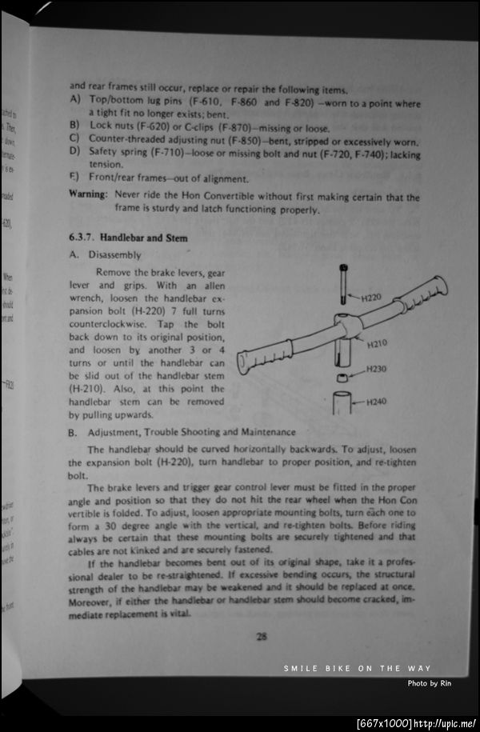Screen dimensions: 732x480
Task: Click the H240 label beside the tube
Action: tap(377, 402)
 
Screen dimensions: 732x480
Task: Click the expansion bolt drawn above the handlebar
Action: tap(342, 284)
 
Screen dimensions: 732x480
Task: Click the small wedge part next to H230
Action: tap(342, 376)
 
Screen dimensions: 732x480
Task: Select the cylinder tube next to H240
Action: tap(342, 403)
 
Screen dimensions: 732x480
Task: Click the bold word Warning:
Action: tap(88, 195)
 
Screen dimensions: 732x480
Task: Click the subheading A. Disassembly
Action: tap(105, 255)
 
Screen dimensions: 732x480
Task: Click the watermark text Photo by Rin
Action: tap(430, 682)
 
